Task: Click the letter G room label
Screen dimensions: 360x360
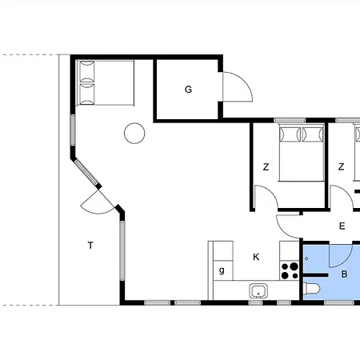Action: click(188, 90)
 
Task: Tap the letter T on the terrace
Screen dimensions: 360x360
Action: click(90, 245)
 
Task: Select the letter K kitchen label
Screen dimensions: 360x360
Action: click(256, 257)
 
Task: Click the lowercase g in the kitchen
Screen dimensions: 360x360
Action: click(222, 270)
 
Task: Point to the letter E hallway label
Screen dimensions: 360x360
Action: click(342, 226)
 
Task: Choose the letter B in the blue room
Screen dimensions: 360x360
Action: click(344, 274)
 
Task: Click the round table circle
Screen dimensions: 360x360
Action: click(134, 133)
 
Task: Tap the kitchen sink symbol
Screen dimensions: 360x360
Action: click(258, 291)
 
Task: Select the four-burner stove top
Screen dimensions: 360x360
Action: click(290, 270)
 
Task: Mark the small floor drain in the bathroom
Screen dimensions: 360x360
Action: click(306, 258)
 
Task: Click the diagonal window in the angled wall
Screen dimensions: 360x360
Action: click(86, 172)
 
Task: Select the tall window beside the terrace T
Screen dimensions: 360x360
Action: click(122, 250)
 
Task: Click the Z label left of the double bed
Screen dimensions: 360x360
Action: click(266, 167)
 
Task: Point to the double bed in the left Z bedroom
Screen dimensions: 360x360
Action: click(302, 152)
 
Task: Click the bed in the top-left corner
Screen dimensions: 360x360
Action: click(105, 82)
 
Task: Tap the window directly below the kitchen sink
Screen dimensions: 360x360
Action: click(255, 303)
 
